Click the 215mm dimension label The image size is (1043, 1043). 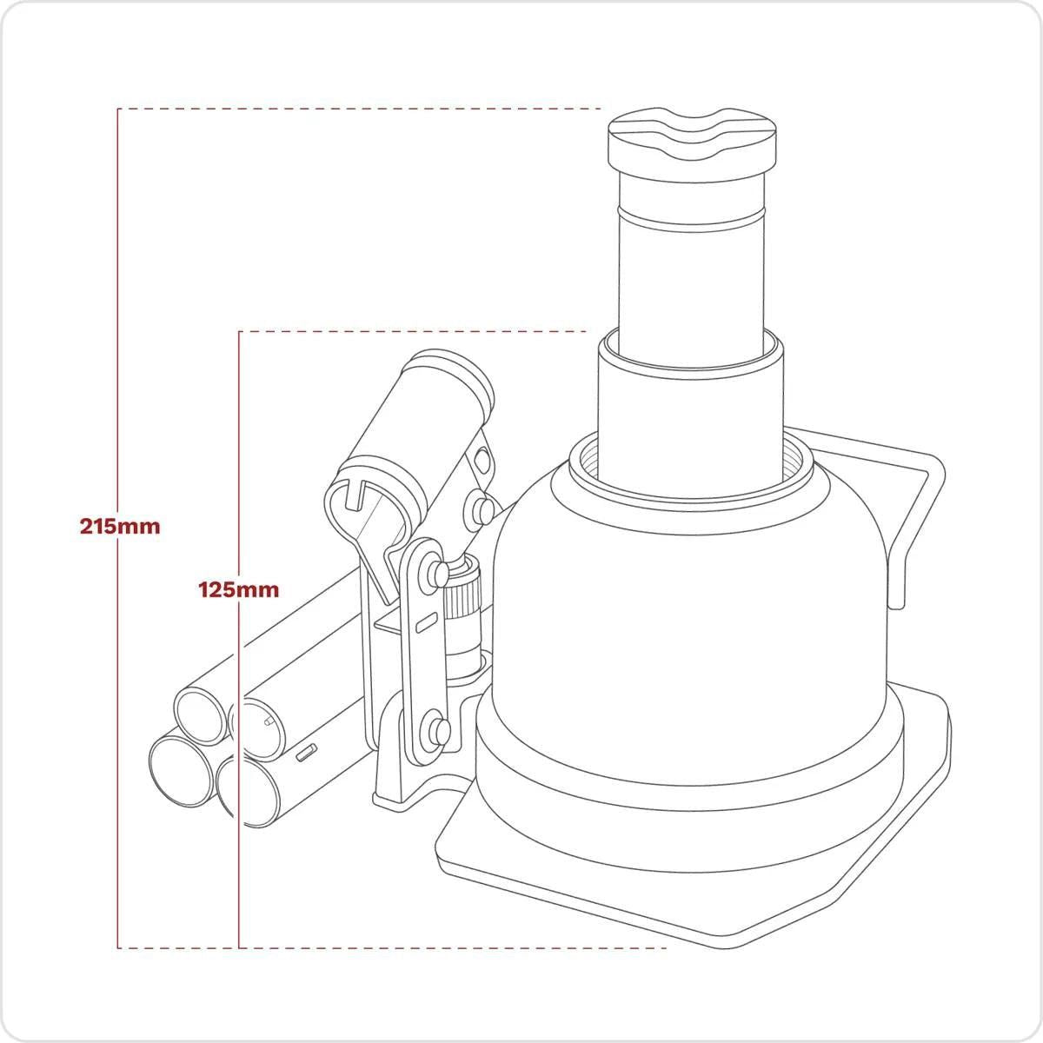(x=120, y=526)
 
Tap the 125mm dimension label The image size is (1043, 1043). (x=239, y=589)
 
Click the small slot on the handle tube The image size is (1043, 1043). (x=306, y=753)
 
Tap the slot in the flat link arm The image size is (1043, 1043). (x=423, y=624)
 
